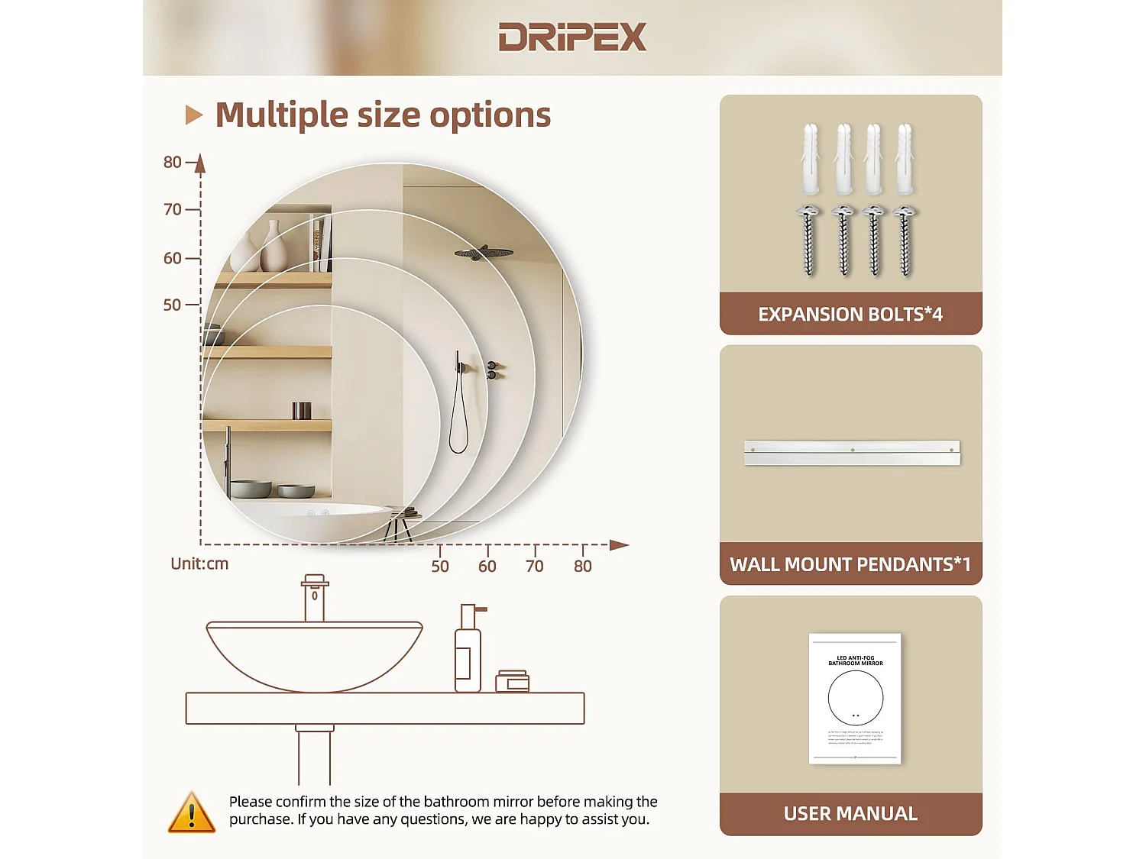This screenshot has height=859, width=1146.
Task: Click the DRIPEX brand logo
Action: pos(572,37)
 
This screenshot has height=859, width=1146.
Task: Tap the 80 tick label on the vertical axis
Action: pos(173,162)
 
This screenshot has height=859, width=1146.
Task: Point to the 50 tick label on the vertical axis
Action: pos(173,305)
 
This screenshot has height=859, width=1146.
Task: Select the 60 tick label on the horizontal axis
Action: pos(487,566)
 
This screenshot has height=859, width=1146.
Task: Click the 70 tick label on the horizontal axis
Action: pos(535,566)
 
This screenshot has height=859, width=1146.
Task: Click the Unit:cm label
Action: pos(199,564)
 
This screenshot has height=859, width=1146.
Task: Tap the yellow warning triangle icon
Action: pos(191,812)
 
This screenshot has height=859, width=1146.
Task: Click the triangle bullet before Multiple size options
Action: pos(194,115)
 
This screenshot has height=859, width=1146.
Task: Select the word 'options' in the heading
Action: pos(490,115)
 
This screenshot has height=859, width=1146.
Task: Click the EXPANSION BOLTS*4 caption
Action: pos(850,314)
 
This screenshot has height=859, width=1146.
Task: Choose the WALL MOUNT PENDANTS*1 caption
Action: pos(850,564)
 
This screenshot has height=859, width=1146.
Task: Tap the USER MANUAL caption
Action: pos(850,814)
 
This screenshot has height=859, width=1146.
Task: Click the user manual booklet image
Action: pos(855,698)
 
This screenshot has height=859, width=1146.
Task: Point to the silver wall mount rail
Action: pos(852,452)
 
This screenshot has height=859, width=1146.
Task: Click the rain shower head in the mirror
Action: pos(483,253)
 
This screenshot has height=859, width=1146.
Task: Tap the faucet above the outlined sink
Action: pos(315,597)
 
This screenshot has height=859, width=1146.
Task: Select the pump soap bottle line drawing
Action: pos(468,651)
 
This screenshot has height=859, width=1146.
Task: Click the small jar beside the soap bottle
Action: pos(512,681)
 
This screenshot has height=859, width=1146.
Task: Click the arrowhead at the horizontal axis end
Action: pos(620,545)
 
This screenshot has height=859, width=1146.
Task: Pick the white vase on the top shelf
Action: pos(273,247)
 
